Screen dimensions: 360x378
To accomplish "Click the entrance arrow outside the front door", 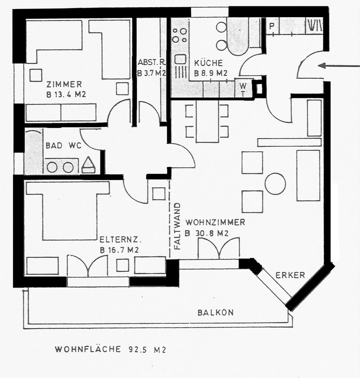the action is [x=338, y=66].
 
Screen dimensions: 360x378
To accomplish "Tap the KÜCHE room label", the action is [x=208, y=63].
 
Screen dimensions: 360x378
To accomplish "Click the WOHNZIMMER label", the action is [x=215, y=222].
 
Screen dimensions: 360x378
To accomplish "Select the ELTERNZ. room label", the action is [x=120, y=240].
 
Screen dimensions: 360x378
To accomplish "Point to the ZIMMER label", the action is [x=64, y=85].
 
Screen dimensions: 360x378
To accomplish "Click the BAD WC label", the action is [x=63, y=146].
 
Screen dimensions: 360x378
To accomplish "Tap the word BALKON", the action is [x=216, y=313].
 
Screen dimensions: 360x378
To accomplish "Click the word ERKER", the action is [x=290, y=275].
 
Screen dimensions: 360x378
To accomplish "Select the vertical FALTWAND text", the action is [x=177, y=226].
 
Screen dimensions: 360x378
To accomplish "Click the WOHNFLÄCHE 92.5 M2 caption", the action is [x=111, y=349].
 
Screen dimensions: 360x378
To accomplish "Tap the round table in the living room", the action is [x=275, y=184].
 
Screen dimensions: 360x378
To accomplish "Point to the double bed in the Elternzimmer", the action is [x=68, y=211].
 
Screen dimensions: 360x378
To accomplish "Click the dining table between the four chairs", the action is [x=207, y=121].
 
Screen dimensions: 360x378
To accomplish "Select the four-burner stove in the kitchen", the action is [x=180, y=36].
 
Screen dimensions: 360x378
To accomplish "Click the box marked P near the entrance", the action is [x=272, y=26].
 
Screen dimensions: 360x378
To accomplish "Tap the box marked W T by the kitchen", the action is [x=243, y=89].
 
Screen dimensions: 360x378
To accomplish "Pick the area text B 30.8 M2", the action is [x=207, y=234].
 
